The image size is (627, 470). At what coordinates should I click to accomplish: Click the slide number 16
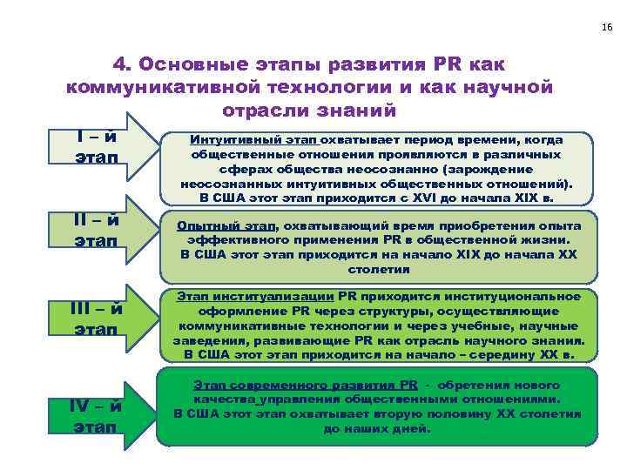point(606,27)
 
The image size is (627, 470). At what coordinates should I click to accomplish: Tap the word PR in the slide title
point(442,65)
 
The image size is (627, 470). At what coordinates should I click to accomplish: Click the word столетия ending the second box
point(377,270)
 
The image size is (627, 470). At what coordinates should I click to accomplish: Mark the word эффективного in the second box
point(231,239)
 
